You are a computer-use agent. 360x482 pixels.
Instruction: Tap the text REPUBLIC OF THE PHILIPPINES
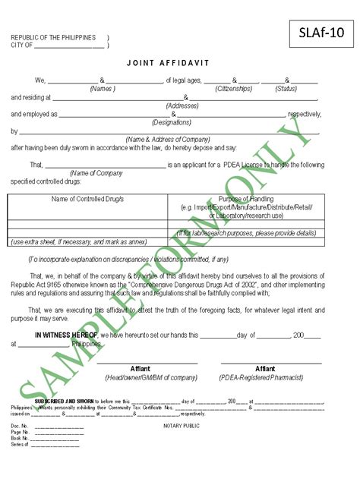[x=53, y=37]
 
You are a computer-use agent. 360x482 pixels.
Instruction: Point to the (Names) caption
[x=103, y=88]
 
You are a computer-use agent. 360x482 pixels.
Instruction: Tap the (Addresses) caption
[x=182, y=106]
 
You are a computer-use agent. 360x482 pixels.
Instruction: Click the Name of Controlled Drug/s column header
[x=87, y=199]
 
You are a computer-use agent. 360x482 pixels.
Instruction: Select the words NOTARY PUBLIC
[x=182, y=426]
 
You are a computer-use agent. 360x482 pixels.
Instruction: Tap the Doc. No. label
[x=20, y=426]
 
